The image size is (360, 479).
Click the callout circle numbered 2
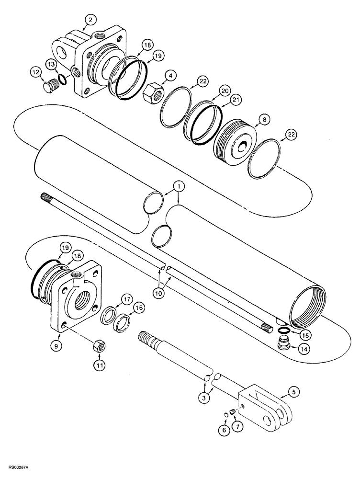[x=90, y=20]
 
